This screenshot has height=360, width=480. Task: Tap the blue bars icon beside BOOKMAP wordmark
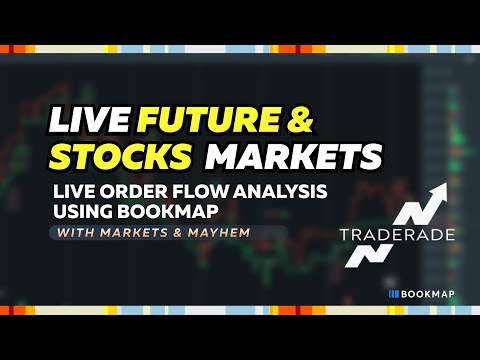click(x=395, y=295)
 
